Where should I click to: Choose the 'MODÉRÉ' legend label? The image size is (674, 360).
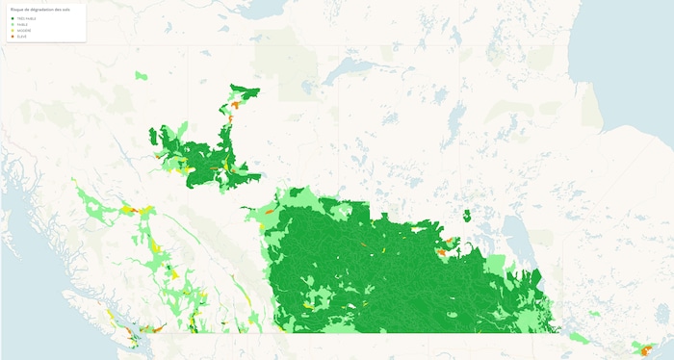pos(22,30)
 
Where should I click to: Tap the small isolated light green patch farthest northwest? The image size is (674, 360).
pos(143,75)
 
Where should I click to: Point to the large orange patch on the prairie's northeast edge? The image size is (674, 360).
pos(442,251)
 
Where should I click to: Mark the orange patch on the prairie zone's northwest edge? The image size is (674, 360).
pos(271,209)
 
